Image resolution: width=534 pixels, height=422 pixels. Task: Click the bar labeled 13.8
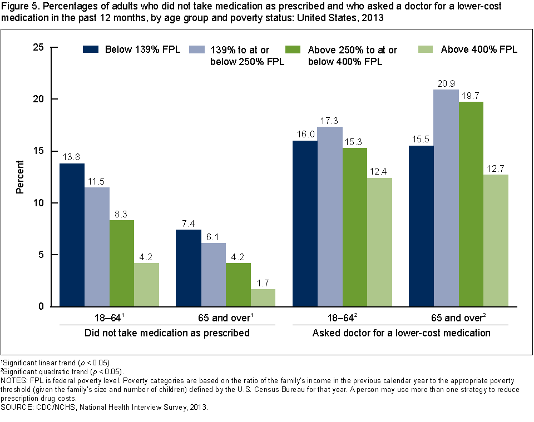pos(72,235)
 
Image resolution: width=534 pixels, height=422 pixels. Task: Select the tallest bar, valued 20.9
pos(446,198)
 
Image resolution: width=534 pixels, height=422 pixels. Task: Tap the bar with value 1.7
pos(263,297)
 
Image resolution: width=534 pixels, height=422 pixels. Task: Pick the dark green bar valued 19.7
pos(471,204)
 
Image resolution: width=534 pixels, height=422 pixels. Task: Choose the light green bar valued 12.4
pos(379,242)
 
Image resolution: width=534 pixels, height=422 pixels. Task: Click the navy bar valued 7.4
pos(188,268)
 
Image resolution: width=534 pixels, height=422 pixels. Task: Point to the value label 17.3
pos(329,120)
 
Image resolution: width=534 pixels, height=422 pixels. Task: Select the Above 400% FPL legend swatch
pos(426,49)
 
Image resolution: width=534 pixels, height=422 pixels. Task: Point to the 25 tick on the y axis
pos(38,47)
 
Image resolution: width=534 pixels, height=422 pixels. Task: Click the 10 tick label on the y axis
pos(38,203)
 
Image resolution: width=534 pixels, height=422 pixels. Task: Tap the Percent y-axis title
pos(20,177)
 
